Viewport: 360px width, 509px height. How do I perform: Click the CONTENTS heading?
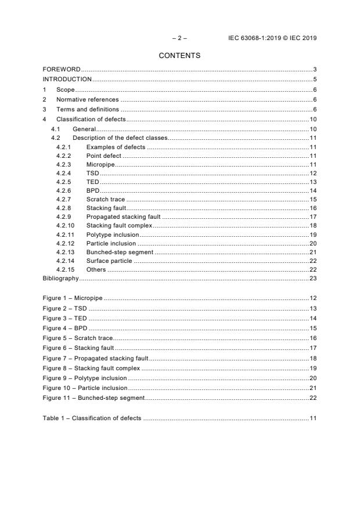pyautogui.click(x=179, y=56)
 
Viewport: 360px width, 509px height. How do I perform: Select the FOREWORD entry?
pyautogui.click(x=62, y=70)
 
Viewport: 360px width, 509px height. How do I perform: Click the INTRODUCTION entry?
pyautogui.click(x=67, y=80)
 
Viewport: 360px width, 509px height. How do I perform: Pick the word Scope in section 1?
pyautogui.click(x=65, y=89)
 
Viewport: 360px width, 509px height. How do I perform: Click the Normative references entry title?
pyautogui.click(x=87, y=99)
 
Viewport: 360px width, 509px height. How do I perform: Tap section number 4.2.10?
pyautogui.click(x=65, y=225)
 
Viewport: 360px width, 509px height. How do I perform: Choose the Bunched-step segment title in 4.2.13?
pyautogui.click(x=120, y=252)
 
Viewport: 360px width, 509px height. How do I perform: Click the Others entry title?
pyautogui.click(x=96, y=270)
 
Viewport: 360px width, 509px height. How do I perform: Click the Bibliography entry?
pyautogui.click(x=61, y=279)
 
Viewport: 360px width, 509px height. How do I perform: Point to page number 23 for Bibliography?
pyautogui.click(x=312, y=279)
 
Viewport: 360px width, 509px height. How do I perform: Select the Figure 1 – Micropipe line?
pyautogui.click(x=73, y=298)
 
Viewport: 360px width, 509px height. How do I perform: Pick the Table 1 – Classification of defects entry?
pyautogui.click(x=92, y=418)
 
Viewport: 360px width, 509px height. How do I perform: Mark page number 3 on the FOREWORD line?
pyautogui.click(x=314, y=70)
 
